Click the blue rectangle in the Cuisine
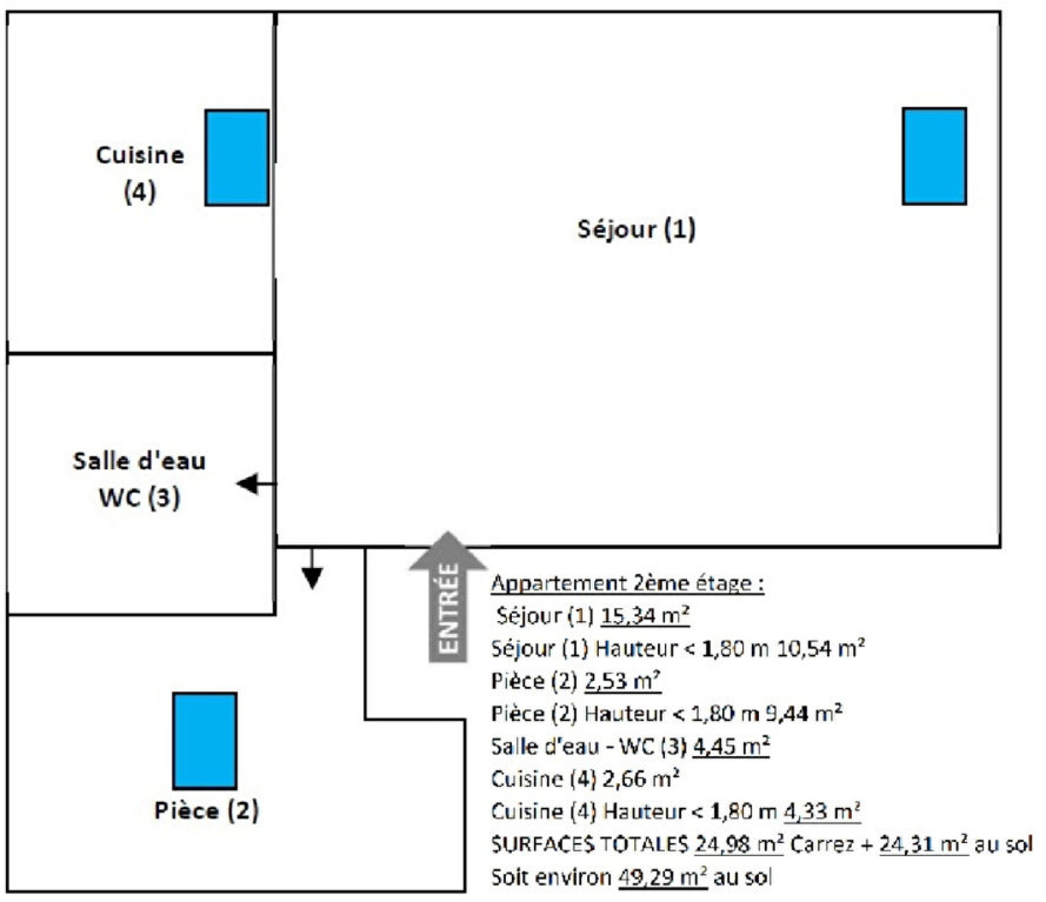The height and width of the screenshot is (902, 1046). coord(237,158)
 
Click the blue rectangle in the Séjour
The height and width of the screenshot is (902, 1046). coord(934,156)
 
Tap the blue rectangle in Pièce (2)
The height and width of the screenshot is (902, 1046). coord(205,741)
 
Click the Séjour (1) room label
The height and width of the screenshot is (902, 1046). coord(636,229)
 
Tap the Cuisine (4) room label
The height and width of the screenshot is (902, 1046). coord(140,173)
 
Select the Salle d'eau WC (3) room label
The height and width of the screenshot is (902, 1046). coord(139,479)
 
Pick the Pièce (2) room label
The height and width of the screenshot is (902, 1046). coord(207,810)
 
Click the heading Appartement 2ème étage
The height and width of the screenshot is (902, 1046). coord(627,583)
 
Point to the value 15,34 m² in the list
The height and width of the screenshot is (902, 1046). coord(645,616)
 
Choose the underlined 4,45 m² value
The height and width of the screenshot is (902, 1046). coord(730,746)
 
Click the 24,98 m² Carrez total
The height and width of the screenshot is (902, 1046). coord(739,844)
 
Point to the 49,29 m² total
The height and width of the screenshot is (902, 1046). coord(662,877)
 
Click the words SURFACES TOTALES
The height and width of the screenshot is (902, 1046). coord(589,844)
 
